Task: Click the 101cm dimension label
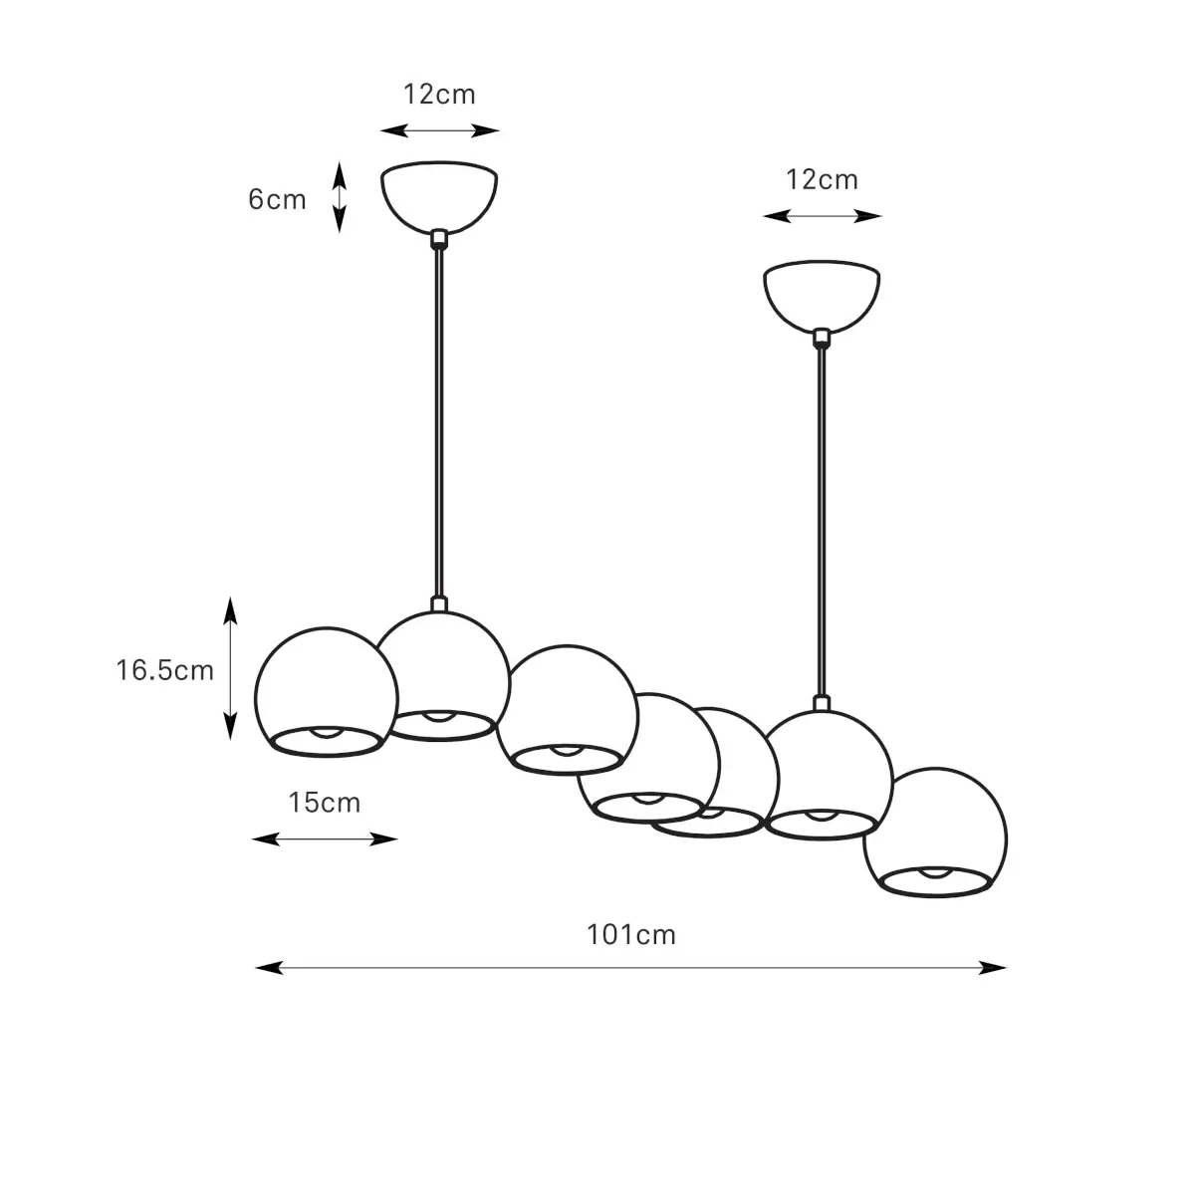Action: [631, 935]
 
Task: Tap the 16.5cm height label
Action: [164, 670]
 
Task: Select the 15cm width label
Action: [325, 802]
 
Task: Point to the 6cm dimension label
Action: [277, 199]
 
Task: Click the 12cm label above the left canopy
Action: [439, 95]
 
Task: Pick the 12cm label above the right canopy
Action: [822, 180]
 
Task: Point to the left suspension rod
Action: [439, 418]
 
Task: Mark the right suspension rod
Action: [822, 518]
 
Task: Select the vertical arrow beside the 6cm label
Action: [340, 197]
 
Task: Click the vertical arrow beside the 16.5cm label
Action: [230, 668]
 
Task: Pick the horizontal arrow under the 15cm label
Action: [325, 839]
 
